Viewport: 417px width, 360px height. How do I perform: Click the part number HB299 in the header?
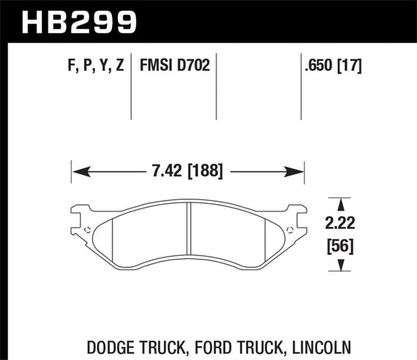[x=80, y=21]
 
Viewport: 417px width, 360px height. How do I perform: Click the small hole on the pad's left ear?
[x=87, y=230]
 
